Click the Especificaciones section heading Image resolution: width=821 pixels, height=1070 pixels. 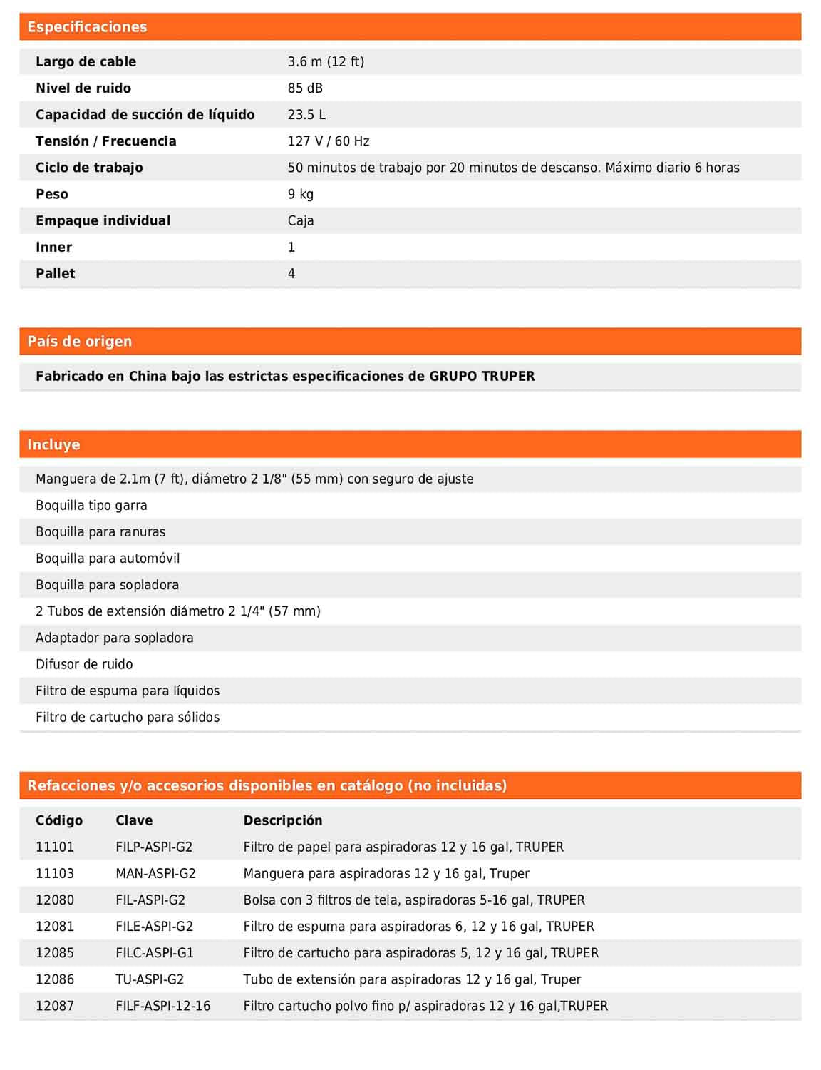point(87,27)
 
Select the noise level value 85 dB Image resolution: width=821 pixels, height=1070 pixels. point(305,88)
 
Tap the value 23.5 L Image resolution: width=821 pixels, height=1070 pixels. point(306,115)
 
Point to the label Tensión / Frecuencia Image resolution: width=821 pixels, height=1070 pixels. point(106,141)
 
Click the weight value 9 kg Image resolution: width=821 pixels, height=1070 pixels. point(301,194)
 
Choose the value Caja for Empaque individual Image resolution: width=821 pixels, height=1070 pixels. point(301,220)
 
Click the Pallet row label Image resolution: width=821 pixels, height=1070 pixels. point(56,273)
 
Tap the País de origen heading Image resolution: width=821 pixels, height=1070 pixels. point(80,342)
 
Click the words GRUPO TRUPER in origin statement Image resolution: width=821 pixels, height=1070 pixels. point(482,376)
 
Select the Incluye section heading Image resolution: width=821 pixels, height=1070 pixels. point(53,444)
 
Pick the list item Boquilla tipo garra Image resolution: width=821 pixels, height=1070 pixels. point(91,506)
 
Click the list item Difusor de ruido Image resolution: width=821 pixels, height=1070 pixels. point(84,664)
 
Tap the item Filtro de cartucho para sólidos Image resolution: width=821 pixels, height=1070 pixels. point(128,717)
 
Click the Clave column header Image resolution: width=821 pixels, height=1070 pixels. point(134,820)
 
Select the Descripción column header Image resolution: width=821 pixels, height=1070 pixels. point(283,820)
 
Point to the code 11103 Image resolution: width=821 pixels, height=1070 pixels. point(55,873)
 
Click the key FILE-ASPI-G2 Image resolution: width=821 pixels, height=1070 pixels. point(154,927)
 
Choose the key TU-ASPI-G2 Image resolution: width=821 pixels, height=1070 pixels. point(150,979)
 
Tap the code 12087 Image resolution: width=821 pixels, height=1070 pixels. point(55,1006)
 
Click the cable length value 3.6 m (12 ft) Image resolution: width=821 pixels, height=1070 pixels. point(326,62)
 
